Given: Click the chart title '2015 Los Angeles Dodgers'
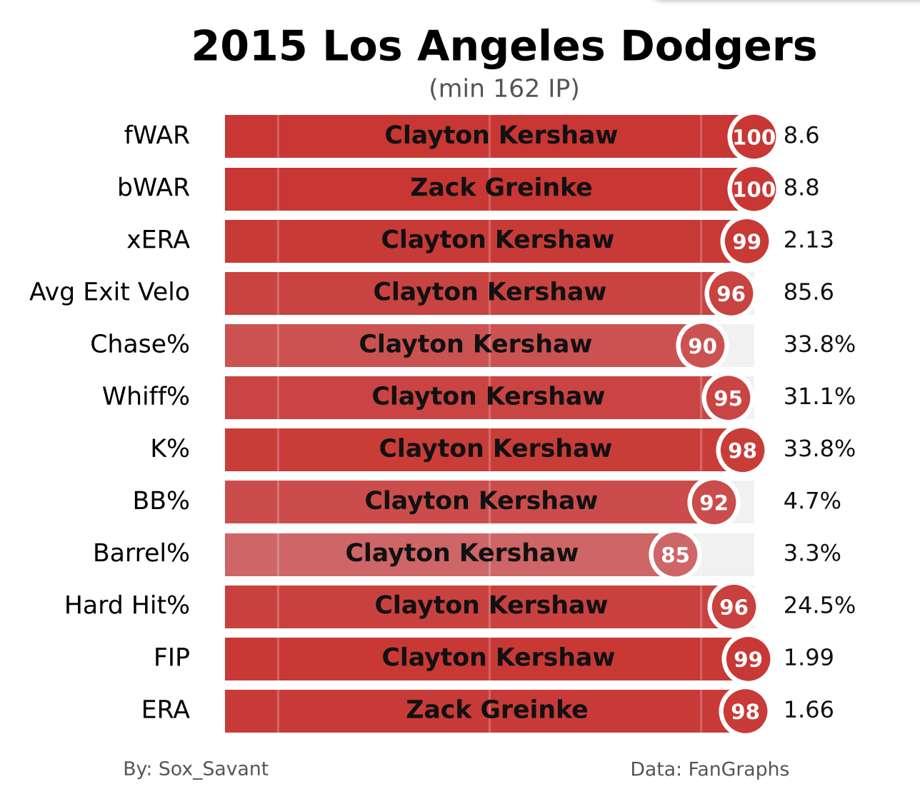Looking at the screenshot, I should (x=504, y=47).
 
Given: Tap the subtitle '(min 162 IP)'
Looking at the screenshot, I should (x=504, y=89).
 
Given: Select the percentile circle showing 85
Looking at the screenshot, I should (x=675, y=555).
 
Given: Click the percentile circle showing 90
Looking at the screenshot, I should (x=702, y=346).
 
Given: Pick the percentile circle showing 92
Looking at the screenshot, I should (x=714, y=503).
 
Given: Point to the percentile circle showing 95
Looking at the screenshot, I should (x=728, y=398).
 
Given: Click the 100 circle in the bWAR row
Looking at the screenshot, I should (x=754, y=189).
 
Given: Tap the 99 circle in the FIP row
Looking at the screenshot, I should (x=748, y=659).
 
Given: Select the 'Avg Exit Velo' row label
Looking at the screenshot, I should (x=109, y=292).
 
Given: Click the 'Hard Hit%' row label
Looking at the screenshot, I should (x=127, y=605).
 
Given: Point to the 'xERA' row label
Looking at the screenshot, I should (x=158, y=240).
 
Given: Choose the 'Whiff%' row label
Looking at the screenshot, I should (x=146, y=396).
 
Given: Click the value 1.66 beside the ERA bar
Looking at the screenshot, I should (x=809, y=710).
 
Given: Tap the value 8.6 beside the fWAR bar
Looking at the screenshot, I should (x=801, y=136).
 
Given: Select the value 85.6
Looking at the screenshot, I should (x=809, y=292).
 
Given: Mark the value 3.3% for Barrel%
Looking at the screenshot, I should (x=812, y=553).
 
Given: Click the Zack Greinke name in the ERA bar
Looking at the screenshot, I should (x=496, y=710).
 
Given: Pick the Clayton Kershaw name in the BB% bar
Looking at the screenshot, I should (x=481, y=501).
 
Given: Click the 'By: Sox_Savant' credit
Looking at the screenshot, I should (x=196, y=769).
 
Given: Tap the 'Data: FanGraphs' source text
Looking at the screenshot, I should (x=709, y=769).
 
